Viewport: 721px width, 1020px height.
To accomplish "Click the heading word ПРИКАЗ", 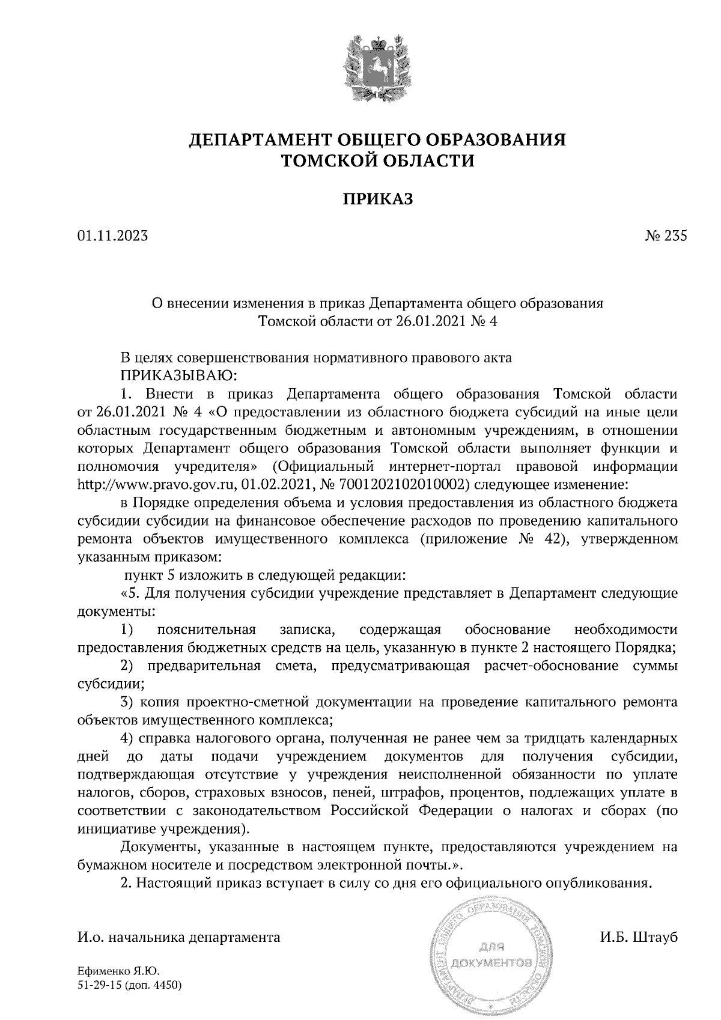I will coord(378,199).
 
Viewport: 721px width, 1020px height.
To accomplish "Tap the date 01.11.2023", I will coord(112,236).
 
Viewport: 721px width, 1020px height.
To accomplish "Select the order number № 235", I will coord(666,236).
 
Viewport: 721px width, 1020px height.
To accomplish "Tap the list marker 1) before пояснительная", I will coord(126,630).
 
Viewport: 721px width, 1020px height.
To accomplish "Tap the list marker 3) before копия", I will coord(126,702).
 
